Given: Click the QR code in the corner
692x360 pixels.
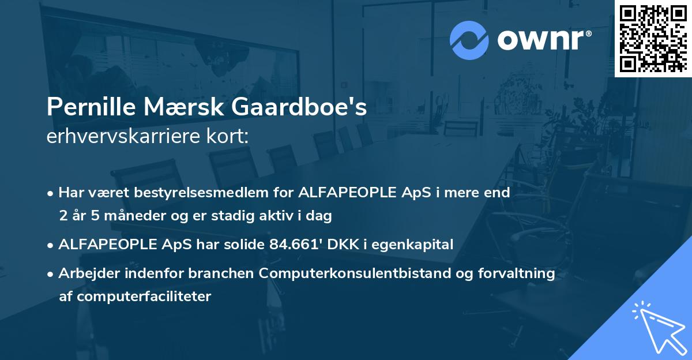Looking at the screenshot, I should point(653,38).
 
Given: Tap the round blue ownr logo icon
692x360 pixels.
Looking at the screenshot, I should point(469,40).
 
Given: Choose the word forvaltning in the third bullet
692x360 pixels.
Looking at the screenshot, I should point(520,273).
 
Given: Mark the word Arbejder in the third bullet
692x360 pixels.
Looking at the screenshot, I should point(85,273).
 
